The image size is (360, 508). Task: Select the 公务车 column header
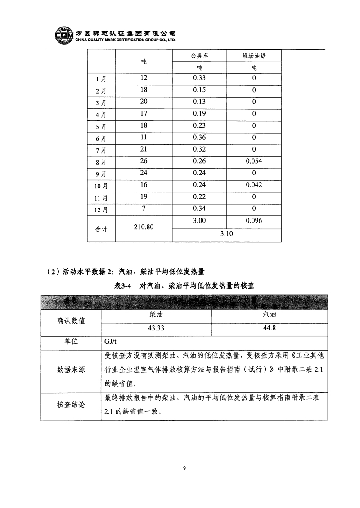pyautogui.click(x=199, y=56)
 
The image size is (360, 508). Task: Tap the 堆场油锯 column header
pyautogui.click(x=254, y=56)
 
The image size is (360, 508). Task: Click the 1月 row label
pyautogui.click(x=101, y=79)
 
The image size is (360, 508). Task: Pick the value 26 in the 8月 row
pyautogui.click(x=144, y=160)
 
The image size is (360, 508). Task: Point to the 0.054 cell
pyautogui.click(x=254, y=160)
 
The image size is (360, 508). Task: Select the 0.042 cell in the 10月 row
pyautogui.click(x=254, y=184)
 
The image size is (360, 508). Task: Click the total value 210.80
pyautogui.click(x=144, y=227)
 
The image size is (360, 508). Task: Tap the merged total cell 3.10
pyautogui.click(x=226, y=234)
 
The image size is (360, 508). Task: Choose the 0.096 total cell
pyautogui.click(x=254, y=221)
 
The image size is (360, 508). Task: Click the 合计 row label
pyautogui.click(x=101, y=228)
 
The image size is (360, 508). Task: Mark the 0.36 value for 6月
pyautogui.click(x=199, y=137)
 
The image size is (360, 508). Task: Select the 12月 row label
pyautogui.click(x=101, y=209)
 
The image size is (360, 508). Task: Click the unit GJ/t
pyautogui.click(x=111, y=342)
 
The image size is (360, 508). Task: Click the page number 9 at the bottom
pyautogui.click(x=184, y=468)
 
